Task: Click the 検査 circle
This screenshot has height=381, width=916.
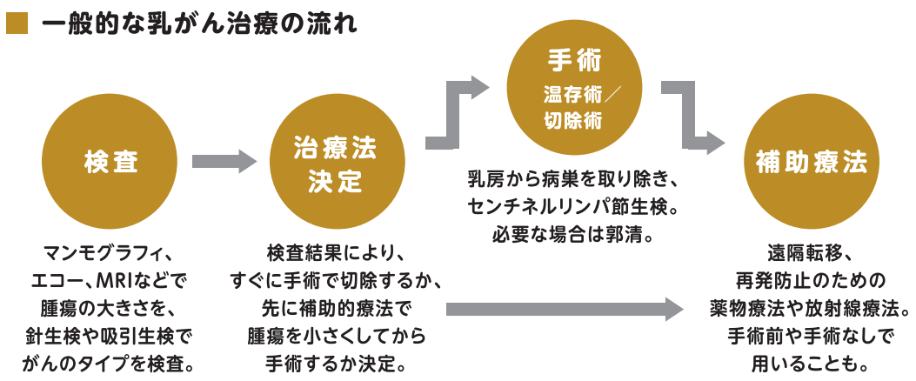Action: click(x=111, y=161)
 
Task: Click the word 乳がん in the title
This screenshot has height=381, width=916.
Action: click(x=177, y=21)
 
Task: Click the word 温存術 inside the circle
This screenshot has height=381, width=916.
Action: click(x=565, y=93)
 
